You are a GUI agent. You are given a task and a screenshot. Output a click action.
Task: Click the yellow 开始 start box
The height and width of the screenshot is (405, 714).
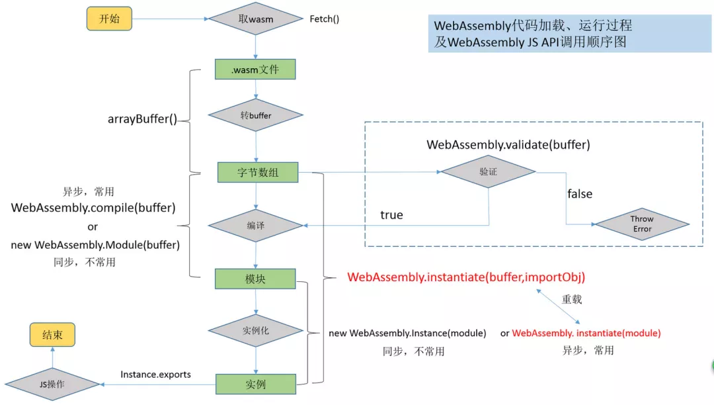[x=110, y=19]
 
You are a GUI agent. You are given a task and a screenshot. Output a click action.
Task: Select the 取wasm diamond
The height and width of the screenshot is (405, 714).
[x=256, y=19]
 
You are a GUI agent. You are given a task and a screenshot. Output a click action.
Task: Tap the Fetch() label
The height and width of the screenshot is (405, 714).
[x=325, y=19]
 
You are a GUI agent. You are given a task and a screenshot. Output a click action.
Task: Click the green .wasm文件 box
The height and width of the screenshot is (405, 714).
[x=255, y=69]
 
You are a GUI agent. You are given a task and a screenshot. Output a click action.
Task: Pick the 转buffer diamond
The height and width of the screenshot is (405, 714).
[x=256, y=115]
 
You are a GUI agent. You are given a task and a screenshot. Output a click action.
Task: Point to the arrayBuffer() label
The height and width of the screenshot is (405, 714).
[x=143, y=120]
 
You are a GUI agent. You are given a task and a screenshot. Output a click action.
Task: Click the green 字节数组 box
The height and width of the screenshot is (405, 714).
[x=257, y=172]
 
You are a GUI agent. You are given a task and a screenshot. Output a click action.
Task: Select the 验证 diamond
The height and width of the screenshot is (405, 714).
[x=488, y=171]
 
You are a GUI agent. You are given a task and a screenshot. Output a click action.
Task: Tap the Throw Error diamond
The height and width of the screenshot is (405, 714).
[x=641, y=224]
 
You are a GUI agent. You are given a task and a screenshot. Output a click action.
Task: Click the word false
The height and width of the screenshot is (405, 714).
[x=580, y=194]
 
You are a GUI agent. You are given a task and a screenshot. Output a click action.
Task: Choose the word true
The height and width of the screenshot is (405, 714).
[x=391, y=215]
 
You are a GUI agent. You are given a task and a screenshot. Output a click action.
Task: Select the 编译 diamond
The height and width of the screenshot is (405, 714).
[x=256, y=226]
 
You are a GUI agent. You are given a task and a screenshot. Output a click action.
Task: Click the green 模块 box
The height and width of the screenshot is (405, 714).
[x=255, y=279]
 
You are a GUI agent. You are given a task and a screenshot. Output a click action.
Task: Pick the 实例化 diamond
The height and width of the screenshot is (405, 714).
[x=256, y=329]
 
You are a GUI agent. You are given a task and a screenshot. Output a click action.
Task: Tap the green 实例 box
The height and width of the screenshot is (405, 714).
[x=255, y=384]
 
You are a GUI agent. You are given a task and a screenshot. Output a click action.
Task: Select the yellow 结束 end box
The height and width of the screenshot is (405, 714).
[x=53, y=335]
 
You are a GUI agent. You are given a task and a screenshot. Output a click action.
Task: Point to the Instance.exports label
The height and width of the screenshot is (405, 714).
[x=155, y=375]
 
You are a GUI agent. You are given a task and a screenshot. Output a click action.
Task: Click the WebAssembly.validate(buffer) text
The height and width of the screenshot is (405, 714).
[x=508, y=144]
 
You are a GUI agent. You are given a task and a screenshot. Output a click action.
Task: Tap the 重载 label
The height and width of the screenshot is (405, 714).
[x=572, y=299]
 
